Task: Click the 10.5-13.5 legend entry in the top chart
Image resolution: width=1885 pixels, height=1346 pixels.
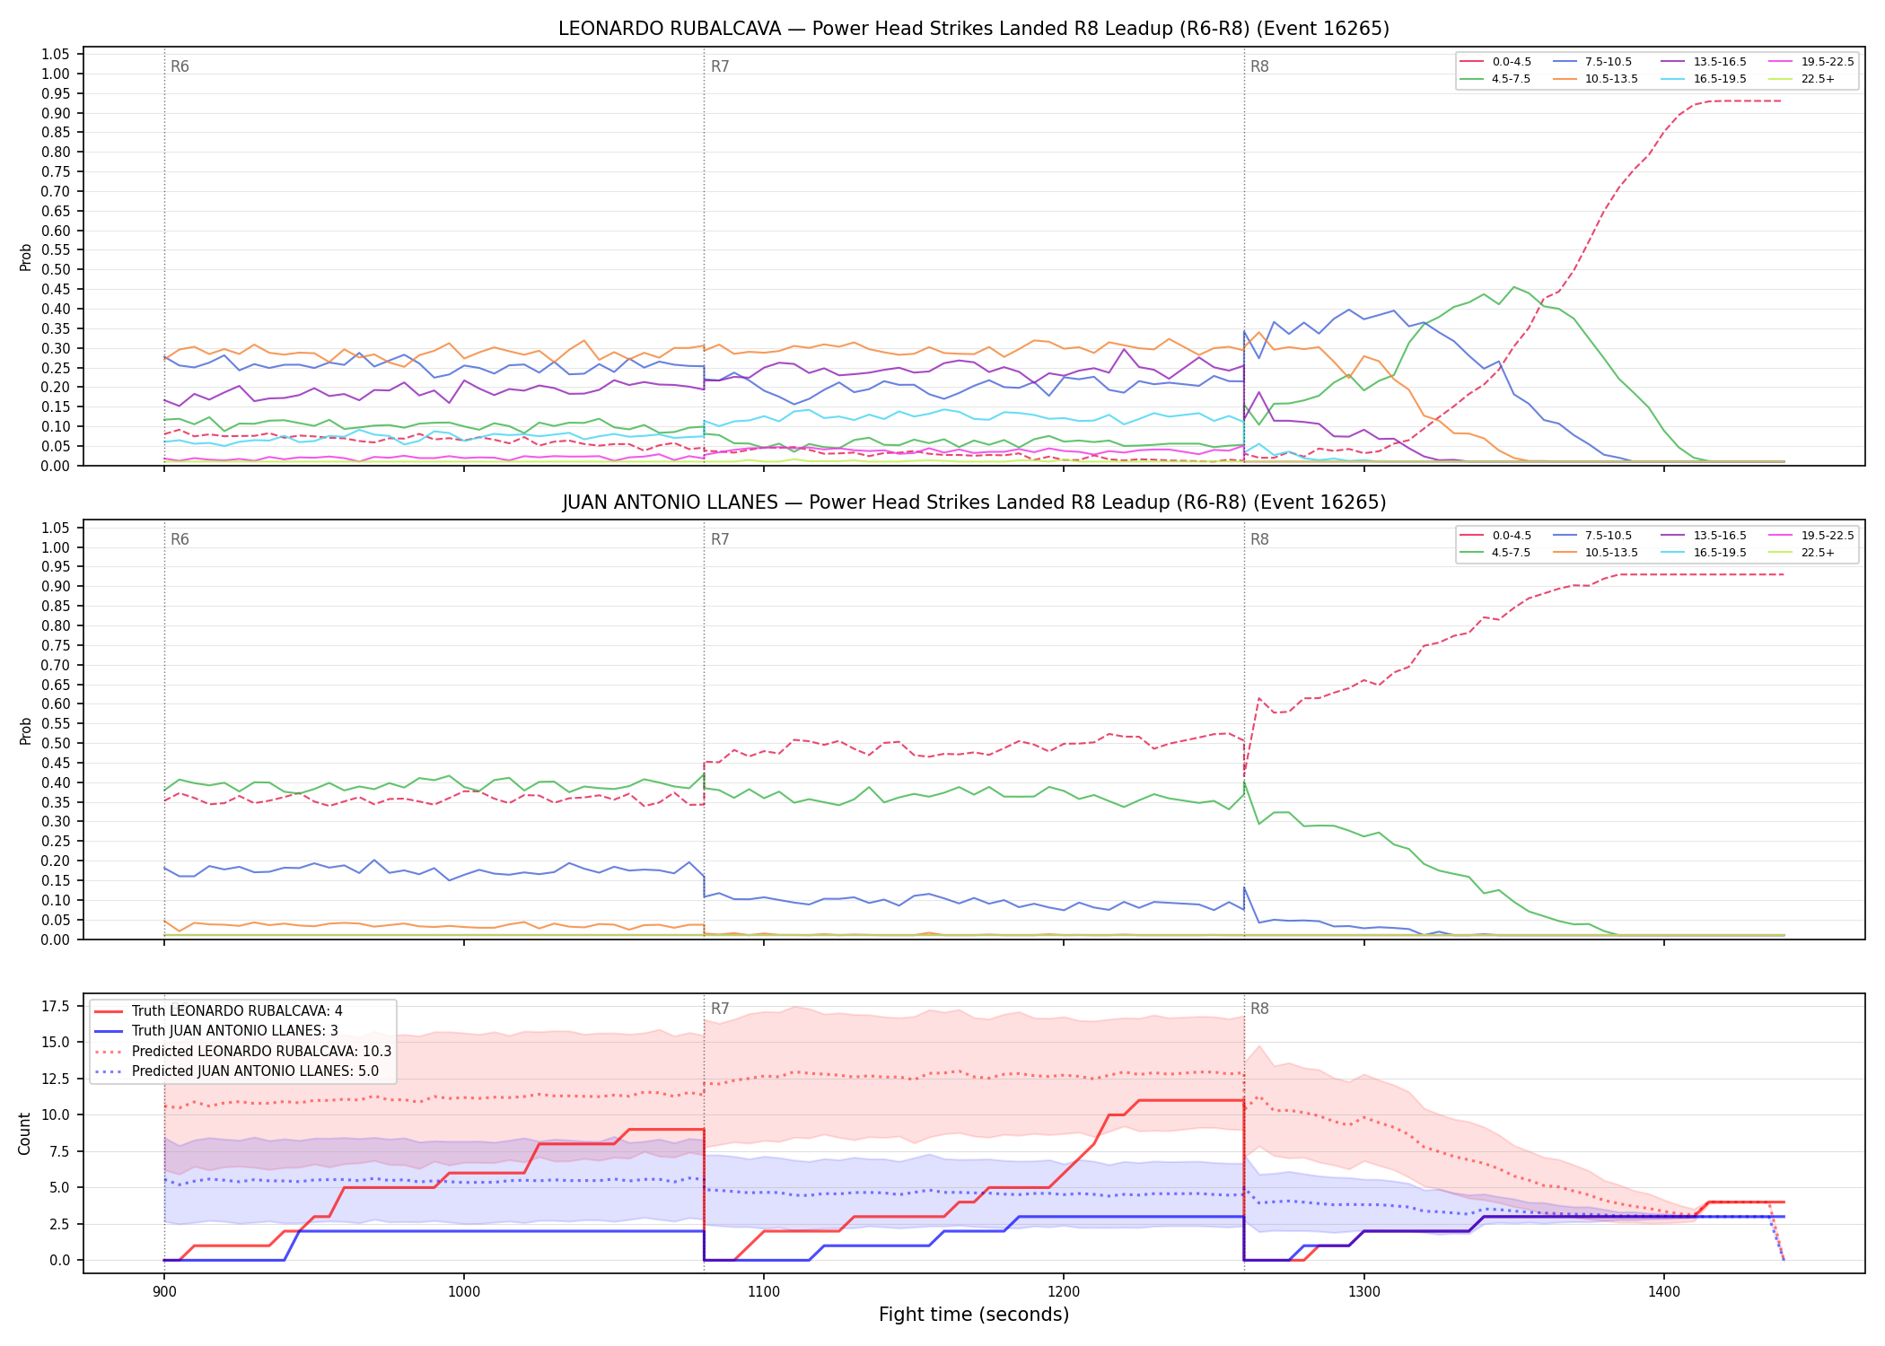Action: [1595, 79]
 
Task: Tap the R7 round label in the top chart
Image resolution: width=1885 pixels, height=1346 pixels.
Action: [720, 66]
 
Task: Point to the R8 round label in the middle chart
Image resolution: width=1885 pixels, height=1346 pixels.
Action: [1259, 539]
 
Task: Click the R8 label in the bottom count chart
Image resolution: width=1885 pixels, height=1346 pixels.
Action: [1259, 1009]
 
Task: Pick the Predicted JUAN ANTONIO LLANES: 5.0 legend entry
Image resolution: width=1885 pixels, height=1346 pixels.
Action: [237, 1071]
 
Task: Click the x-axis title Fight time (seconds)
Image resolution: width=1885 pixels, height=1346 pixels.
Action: [974, 1315]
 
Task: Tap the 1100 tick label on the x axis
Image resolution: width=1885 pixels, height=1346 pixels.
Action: [763, 1291]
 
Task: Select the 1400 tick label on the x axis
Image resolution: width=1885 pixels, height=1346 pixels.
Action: [1663, 1291]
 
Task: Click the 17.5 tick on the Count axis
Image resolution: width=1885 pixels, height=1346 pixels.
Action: [57, 1006]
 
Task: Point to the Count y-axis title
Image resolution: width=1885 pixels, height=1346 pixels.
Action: [24, 1133]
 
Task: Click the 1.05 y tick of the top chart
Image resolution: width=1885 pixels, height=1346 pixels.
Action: [56, 55]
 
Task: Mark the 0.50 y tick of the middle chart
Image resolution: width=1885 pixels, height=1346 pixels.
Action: [56, 743]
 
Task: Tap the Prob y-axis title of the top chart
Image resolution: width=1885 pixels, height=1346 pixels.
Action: [26, 258]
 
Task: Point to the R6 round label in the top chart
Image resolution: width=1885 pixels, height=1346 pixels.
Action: [180, 66]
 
